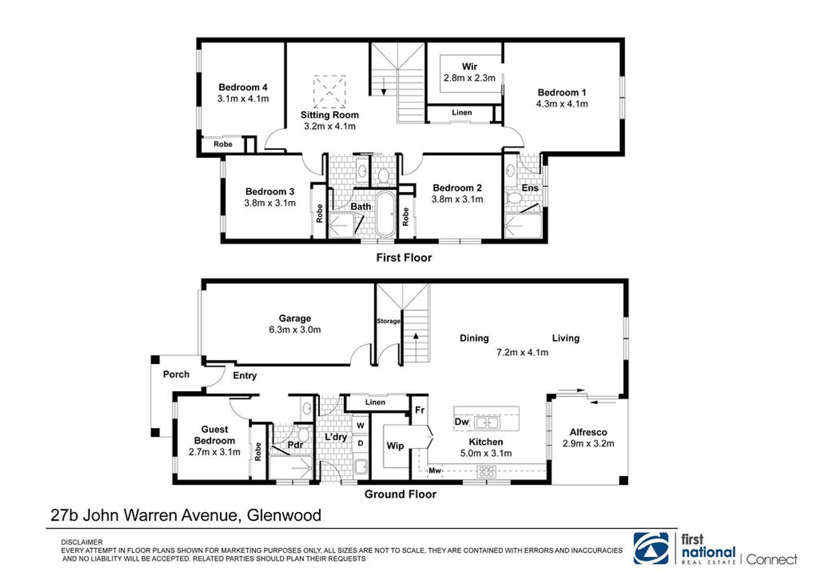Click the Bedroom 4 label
click(243, 87)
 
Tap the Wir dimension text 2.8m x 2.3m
click(469, 78)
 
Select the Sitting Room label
click(330, 115)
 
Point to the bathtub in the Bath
click(385, 214)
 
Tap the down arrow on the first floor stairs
click(383, 86)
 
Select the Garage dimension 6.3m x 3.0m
click(295, 330)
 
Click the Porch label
click(176, 374)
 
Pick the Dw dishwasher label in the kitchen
click(462, 422)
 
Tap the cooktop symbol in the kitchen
click(487, 472)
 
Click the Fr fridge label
click(419, 410)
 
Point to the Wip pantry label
click(395, 446)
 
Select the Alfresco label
click(588, 432)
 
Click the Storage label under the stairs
click(388, 321)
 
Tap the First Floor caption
click(404, 258)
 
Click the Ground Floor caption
click(400, 494)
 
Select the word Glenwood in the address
click(284, 515)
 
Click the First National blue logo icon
click(651, 548)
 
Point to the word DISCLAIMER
click(82, 542)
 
